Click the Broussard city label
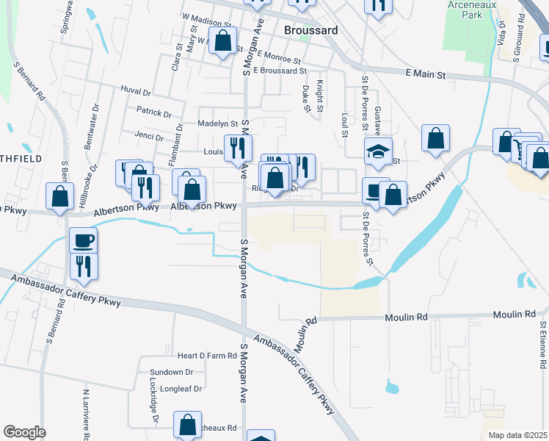[310, 31]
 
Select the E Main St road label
[425, 74]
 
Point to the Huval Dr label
[135, 93]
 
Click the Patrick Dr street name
[153, 114]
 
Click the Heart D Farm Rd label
[202, 356]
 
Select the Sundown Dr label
[170, 373]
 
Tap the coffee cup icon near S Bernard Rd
[83, 240]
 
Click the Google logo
[24, 432]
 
